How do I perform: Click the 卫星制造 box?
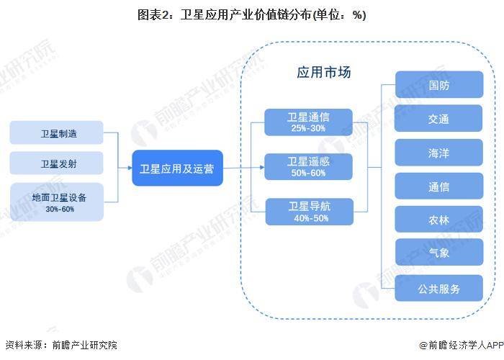pyautogui.click(x=57, y=132)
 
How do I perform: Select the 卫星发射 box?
pyautogui.click(x=57, y=163)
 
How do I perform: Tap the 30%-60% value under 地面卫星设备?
pyautogui.click(x=60, y=210)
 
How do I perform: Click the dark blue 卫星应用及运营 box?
pyautogui.click(x=177, y=168)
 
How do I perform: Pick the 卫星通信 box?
pyautogui.click(x=308, y=122)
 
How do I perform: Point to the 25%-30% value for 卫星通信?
pyautogui.click(x=308, y=128)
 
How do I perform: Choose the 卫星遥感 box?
pyautogui.click(x=308, y=167)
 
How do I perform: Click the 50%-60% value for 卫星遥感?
pyautogui.click(x=308, y=173)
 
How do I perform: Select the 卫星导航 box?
pyautogui.click(x=309, y=212)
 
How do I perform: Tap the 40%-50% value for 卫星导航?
pyautogui.click(x=311, y=218)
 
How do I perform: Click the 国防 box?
pyautogui.click(x=439, y=84)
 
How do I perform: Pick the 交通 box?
pyautogui.click(x=438, y=118)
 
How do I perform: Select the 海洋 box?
pyautogui.click(x=438, y=153)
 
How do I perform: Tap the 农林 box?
pyautogui.click(x=438, y=219)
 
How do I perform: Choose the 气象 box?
pyautogui.click(x=439, y=252)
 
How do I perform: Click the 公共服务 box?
pyautogui.click(x=438, y=288)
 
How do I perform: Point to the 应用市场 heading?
pyautogui.click(x=324, y=72)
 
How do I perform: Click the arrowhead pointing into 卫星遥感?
pyautogui.click(x=262, y=167)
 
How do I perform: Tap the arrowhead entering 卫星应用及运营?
pyautogui.click(x=130, y=168)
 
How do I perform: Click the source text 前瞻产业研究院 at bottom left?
pyautogui.click(x=85, y=345)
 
